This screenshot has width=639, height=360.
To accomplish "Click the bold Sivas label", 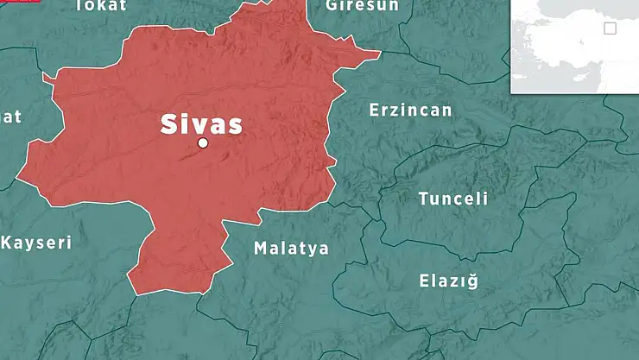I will [201, 123].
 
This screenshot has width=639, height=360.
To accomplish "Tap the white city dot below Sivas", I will [203, 143].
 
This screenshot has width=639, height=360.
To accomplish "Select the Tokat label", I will [101, 5].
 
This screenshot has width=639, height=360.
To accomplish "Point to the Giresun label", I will [363, 5].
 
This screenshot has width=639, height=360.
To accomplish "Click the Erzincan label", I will [410, 110].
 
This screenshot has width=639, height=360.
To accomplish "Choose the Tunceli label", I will [453, 199].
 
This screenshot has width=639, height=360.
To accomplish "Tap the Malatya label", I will [291, 249].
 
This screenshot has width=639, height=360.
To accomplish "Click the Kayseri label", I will [35, 243].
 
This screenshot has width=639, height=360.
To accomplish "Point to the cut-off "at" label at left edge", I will [10, 117].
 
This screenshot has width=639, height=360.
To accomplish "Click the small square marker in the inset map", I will [611, 28].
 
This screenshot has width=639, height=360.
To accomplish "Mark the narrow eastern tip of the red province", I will [377, 54].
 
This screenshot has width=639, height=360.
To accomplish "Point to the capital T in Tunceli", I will [424, 199].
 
